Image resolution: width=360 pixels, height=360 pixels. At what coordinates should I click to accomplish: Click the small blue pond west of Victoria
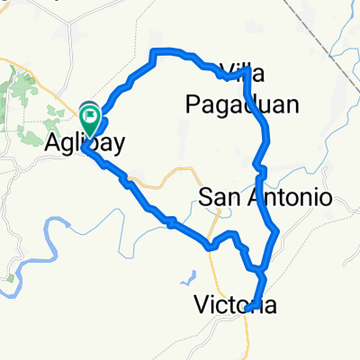click(194, 275)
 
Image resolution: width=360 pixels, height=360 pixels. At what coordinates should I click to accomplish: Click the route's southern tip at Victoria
click(249, 307)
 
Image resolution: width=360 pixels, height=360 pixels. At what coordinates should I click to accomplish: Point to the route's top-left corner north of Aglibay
click(158, 52)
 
